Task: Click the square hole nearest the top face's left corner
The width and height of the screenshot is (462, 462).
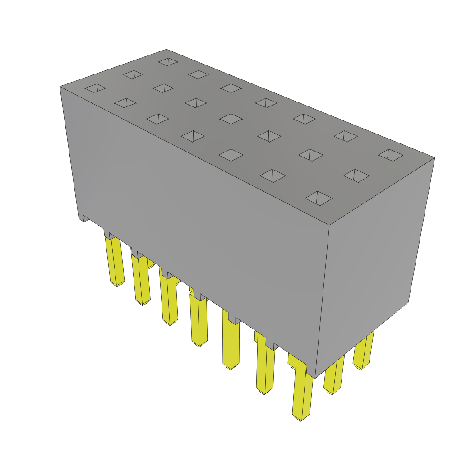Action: [x=95, y=88]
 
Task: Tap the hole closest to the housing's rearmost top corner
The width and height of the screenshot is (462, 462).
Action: [x=168, y=61]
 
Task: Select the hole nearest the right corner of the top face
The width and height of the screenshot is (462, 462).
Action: [x=391, y=155]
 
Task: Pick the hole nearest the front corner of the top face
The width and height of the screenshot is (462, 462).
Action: [x=319, y=198]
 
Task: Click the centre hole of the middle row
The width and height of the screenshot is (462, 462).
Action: [x=231, y=119]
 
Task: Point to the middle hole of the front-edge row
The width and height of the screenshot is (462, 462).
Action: [x=193, y=136]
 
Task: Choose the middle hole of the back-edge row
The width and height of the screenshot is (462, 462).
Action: [x=266, y=103]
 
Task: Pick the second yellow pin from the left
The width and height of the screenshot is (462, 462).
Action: [x=141, y=280]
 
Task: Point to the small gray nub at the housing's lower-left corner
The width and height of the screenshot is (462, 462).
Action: [x=84, y=218]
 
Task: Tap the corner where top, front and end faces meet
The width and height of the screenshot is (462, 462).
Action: [x=329, y=225]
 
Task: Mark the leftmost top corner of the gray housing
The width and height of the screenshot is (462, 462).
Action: [x=60, y=87]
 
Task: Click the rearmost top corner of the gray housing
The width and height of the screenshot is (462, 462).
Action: [x=166, y=50]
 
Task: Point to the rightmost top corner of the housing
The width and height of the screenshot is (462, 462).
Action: [x=434, y=158]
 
